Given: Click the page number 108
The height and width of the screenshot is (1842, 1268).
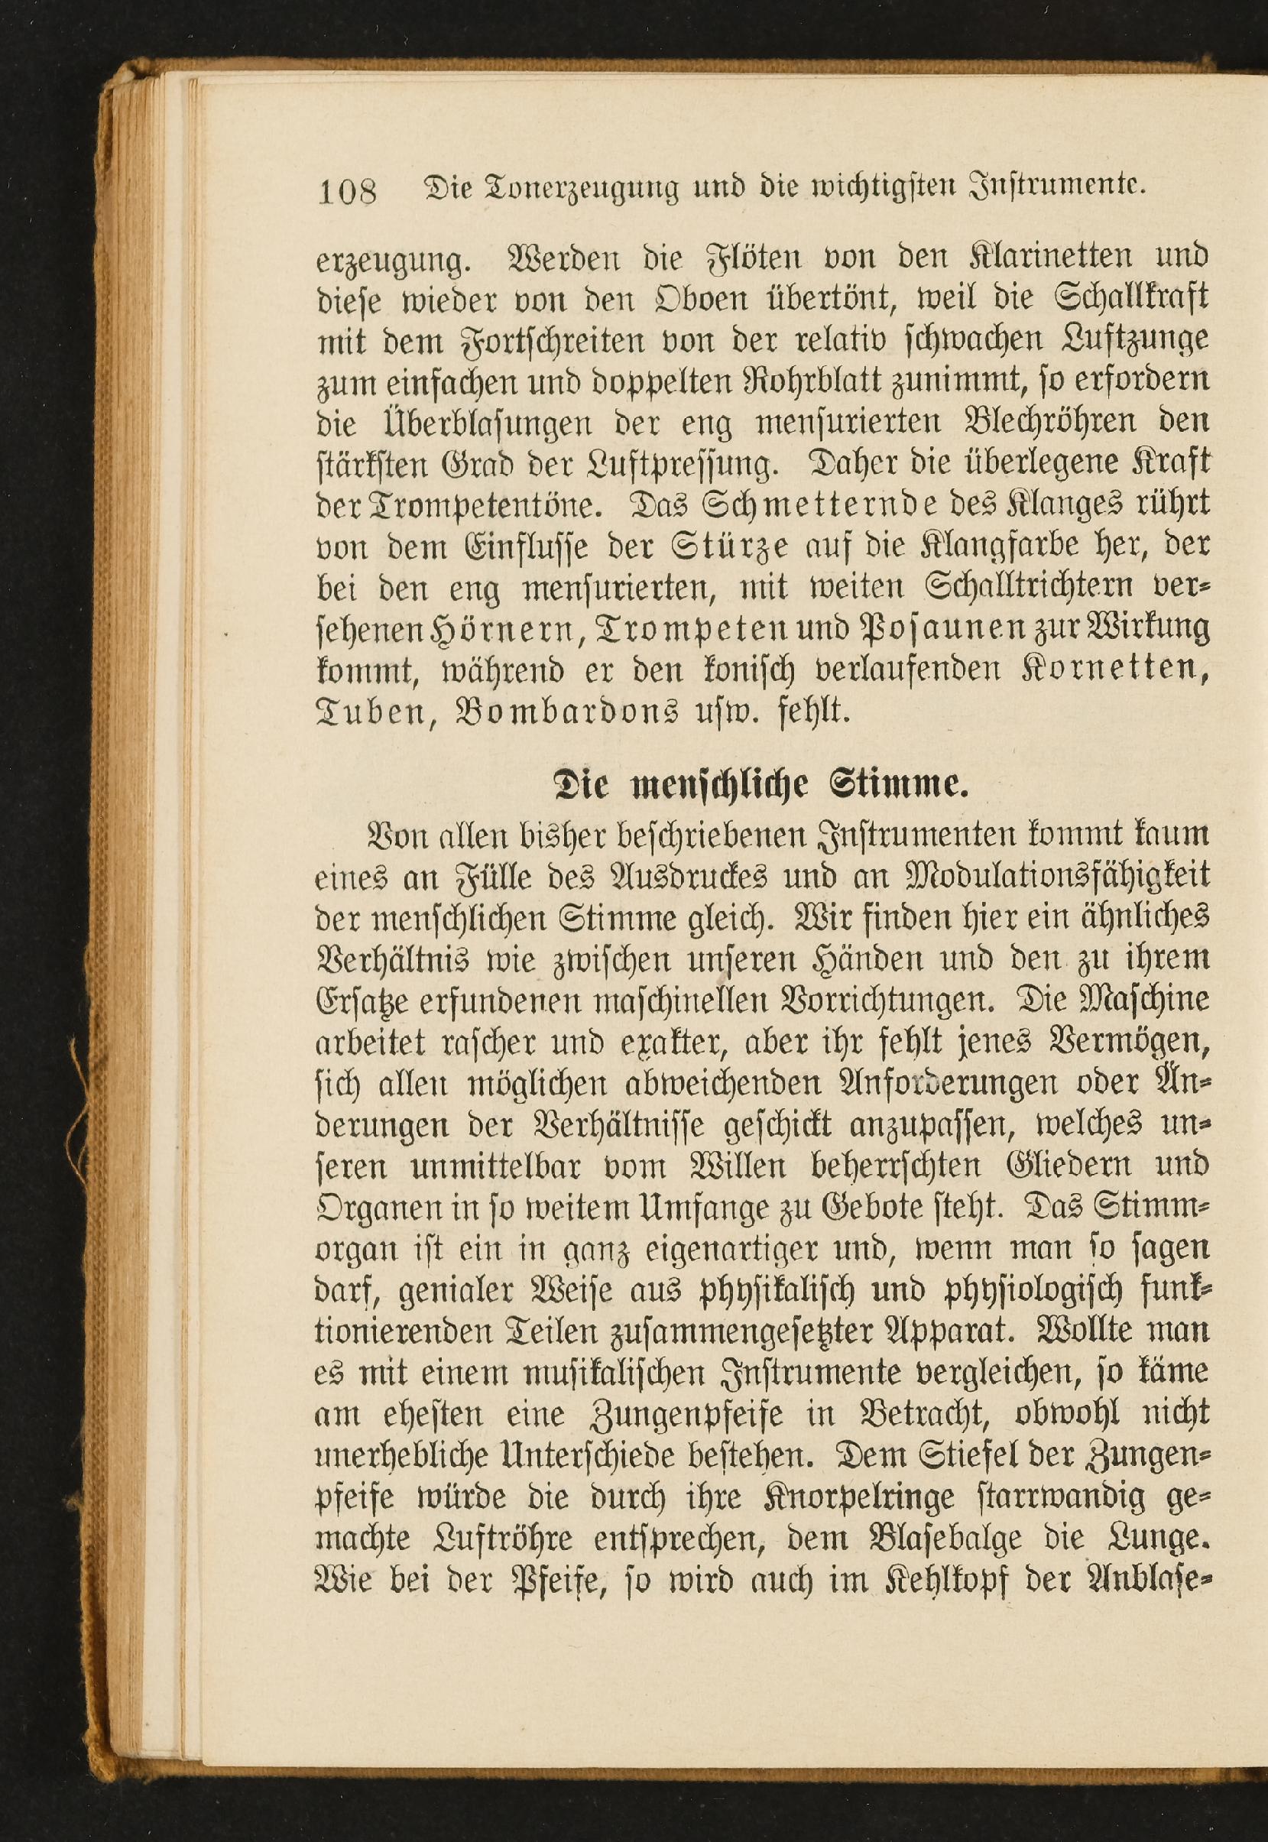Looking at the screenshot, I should click(346, 191).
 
